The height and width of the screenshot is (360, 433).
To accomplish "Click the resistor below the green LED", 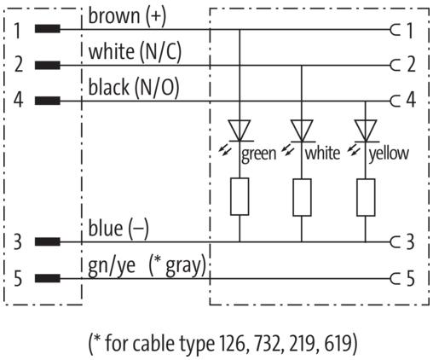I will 240,197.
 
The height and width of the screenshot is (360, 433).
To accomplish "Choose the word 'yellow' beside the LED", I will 390,154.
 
